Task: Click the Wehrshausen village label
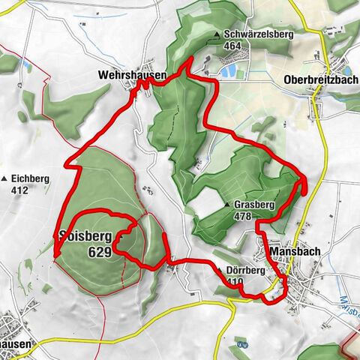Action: click(130, 75)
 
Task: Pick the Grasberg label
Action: click(253, 204)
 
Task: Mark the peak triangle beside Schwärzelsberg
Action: click(217, 35)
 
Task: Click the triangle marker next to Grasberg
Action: click(227, 205)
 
